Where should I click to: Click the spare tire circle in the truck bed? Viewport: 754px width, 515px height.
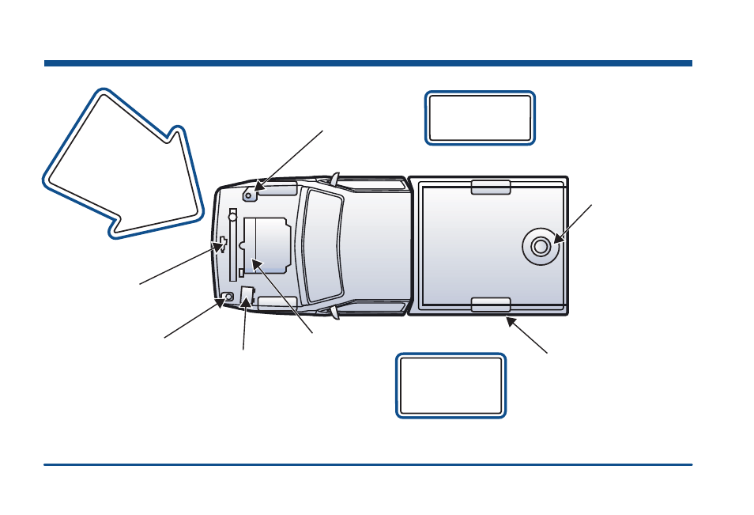coord(541,246)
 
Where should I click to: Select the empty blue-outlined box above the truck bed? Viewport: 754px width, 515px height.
coord(480,118)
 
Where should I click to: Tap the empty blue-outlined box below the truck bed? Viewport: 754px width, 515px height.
coord(451,385)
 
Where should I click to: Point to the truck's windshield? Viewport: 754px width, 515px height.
coord(322,245)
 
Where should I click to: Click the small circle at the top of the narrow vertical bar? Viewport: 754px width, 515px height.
coord(232,214)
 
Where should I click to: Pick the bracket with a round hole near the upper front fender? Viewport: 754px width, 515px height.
coord(250,192)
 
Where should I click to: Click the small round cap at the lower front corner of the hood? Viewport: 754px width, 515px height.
coord(228,297)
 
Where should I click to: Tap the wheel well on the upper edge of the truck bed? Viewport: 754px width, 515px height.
coord(490,187)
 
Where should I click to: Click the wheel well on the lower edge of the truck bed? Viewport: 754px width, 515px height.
coord(490,305)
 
